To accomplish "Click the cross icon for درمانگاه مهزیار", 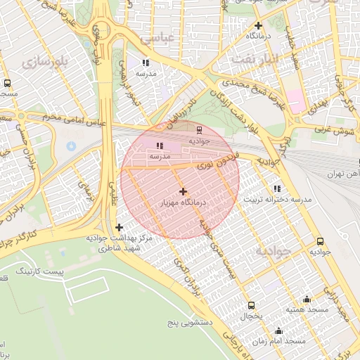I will click(183, 191).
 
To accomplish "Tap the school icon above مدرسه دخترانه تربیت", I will click(277, 188).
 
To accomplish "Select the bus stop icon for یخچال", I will click(252, 305).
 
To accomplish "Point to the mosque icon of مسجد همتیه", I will click(306, 298).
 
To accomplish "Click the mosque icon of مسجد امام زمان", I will click(279, 330).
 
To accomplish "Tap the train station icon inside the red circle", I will click(198, 129).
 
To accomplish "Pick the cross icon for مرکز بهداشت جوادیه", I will click(119, 227).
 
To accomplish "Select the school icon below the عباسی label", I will click(146, 62).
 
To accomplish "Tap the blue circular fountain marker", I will click(70, 146).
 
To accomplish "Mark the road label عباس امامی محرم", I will click(66, 119).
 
